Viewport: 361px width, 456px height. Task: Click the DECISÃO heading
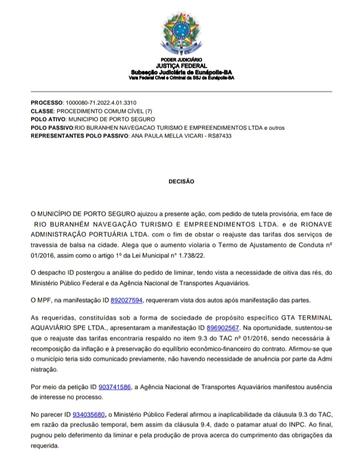pyautogui.click(x=181, y=182)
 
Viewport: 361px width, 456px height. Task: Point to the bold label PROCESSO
pyautogui.click(x=47, y=102)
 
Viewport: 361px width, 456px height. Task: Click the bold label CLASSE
pyautogui.click(x=42, y=111)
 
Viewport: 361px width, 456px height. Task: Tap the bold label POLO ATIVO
pyautogui.click(x=48, y=119)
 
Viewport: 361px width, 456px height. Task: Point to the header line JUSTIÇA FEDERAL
pyautogui.click(x=181, y=66)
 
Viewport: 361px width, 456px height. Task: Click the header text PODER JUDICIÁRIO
pyautogui.click(x=181, y=60)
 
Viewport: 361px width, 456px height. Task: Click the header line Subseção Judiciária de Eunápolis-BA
pyautogui.click(x=181, y=72)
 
